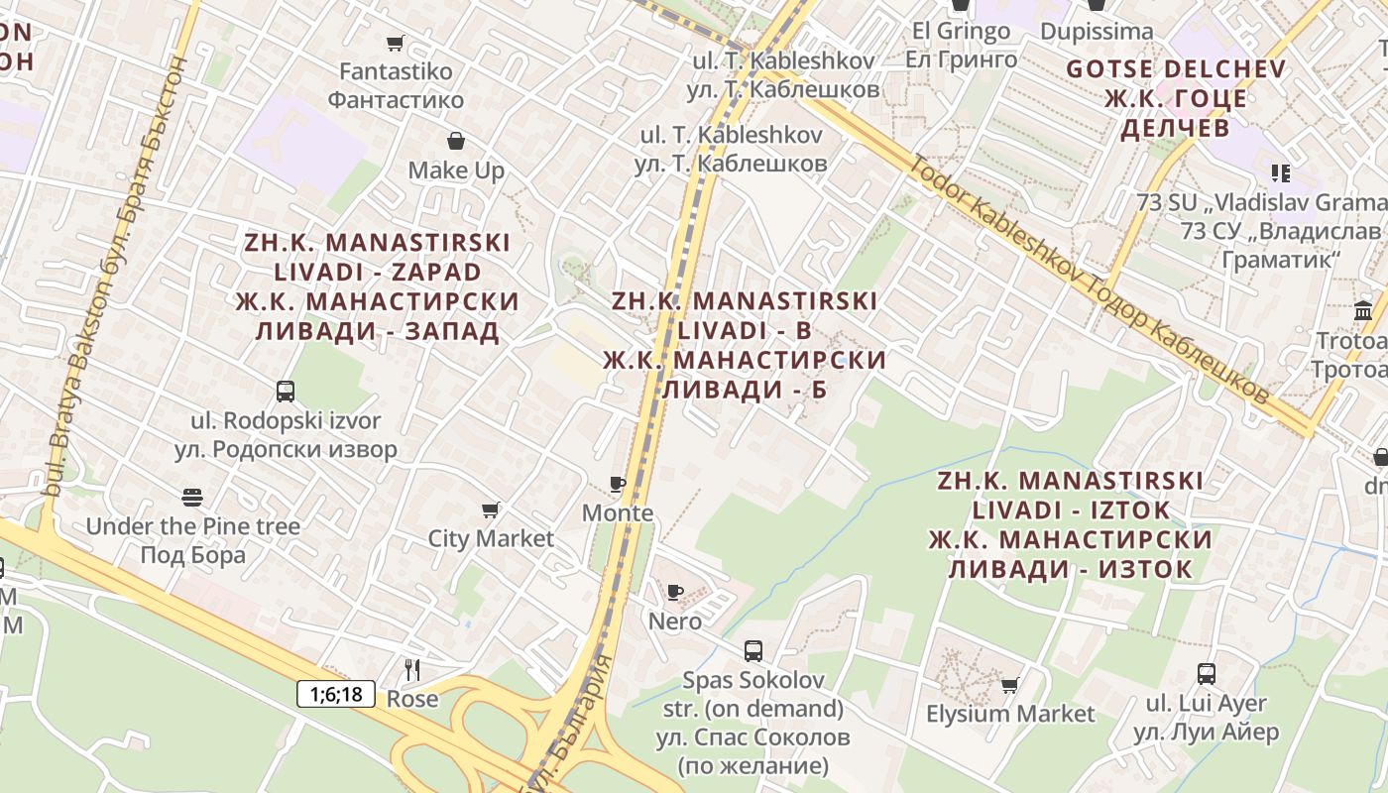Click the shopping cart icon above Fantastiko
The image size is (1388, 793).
(396, 43)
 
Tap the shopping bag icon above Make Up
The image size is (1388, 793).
(456, 141)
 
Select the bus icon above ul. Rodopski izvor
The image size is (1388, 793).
(286, 391)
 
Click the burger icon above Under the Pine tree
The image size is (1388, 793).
(192, 497)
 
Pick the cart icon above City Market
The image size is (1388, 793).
(491, 510)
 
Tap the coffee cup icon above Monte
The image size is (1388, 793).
(618, 484)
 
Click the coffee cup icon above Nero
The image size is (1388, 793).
(675, 592)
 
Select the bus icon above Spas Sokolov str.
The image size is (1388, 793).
(753, 651)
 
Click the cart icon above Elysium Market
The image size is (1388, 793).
(1010, 685)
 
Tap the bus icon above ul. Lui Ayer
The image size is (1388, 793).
(1207, 674)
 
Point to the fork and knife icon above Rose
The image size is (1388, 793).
(412, 669)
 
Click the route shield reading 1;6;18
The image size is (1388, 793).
(336, 694)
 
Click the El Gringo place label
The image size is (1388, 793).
(960, 31)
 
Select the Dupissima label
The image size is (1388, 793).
(1097, 32)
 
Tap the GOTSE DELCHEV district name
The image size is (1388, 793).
(1175, 69)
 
